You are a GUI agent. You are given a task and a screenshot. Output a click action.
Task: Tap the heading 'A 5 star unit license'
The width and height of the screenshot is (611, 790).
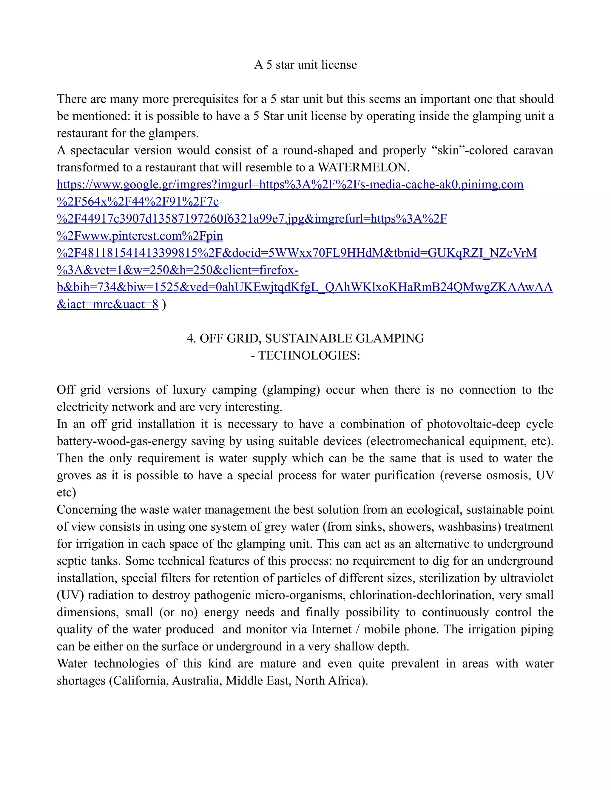point(305,65)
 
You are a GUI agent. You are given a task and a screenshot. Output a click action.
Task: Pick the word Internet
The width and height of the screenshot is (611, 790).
point(331,629)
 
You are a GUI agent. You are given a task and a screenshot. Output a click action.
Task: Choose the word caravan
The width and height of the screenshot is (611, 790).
point(533,151)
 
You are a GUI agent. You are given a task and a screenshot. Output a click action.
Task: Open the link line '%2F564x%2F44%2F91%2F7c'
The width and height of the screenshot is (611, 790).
point(138,202)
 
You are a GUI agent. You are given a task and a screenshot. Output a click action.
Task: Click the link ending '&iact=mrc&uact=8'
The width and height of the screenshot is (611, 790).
point(107,304)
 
